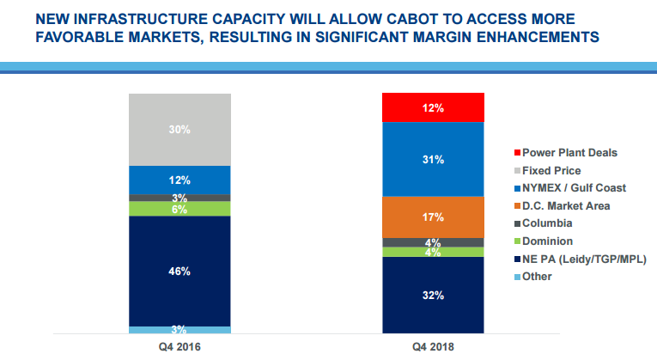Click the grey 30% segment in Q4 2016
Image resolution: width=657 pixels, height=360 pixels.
[179, 129]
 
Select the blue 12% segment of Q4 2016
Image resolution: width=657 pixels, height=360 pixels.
[179, 180]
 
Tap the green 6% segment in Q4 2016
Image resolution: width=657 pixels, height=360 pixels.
[179, 209]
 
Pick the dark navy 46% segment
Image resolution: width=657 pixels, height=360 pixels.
[179, 271]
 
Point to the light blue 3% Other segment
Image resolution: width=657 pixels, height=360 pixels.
[179, 329]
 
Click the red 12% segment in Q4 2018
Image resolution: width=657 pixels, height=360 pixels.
[433, 108]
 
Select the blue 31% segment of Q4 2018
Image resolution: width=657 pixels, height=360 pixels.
[433, 159]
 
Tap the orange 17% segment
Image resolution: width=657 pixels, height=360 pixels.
[433, 217]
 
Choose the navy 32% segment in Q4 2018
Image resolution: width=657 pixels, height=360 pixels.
[433, 295]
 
